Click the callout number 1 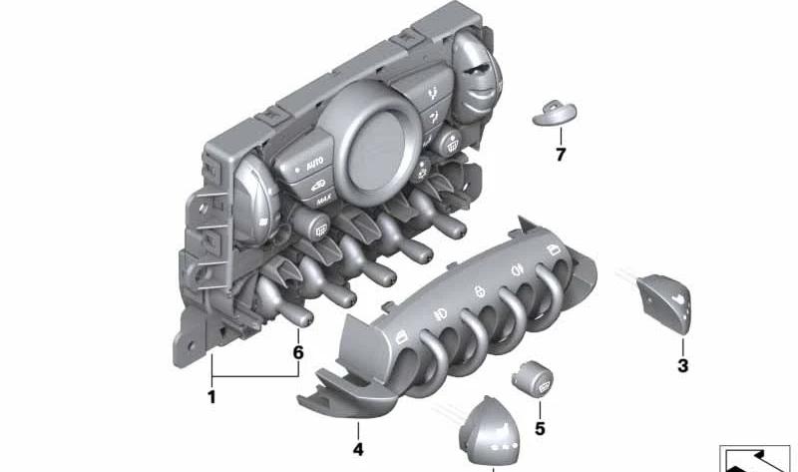coord(211,396)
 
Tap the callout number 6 coord(298,352)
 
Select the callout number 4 coord(358,449)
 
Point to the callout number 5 coord(540,429)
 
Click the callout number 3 coord(682,364)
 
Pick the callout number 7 coord(561,154)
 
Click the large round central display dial coord(373,143)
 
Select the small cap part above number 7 coord(555,114)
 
